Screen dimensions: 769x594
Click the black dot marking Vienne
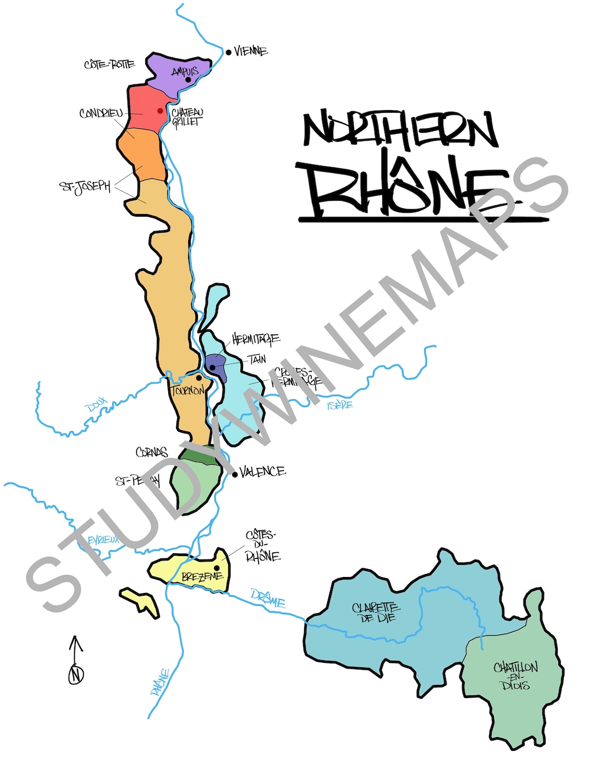click(x=228, y=53)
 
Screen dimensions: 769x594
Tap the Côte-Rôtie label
click(x=109, y=64)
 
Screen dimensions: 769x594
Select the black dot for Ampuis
click(x=188, y=80)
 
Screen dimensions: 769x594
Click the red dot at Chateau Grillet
click(x=160, y=111)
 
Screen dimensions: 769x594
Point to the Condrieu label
click(x=101, y=114)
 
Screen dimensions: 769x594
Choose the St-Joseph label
click(x=85, y=186)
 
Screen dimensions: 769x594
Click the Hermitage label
click(x=256, y=339)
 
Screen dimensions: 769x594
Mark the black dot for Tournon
click(x=199, y=378)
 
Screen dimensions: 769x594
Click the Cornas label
click(x=152, y=452)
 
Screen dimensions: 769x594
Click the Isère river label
click(x=340, y=405)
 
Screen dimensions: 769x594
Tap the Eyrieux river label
click(x=103, y=540)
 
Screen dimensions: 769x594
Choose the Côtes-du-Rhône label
click(x=262, y=546)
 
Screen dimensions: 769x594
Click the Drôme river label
click(x=268, y=598)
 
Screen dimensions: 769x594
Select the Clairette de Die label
click(x=376, y=612)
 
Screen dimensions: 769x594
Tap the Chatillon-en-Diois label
click(x=515, y=675)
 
